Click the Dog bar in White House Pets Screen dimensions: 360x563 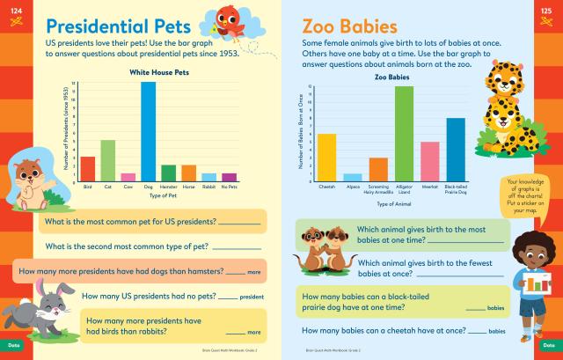[148, 132]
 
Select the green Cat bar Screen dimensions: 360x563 [108, 159]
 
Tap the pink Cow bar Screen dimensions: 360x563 [128, 176]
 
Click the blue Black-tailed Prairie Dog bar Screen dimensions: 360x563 [455, 149]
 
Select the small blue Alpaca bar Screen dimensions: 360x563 [353, 177]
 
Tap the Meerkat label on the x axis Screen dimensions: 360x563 [429, 187]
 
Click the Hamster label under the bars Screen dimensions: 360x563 [169, 187]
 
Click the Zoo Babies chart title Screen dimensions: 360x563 [392, 77]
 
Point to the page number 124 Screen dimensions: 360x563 [11, 8]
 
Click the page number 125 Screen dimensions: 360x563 [550, 8]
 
